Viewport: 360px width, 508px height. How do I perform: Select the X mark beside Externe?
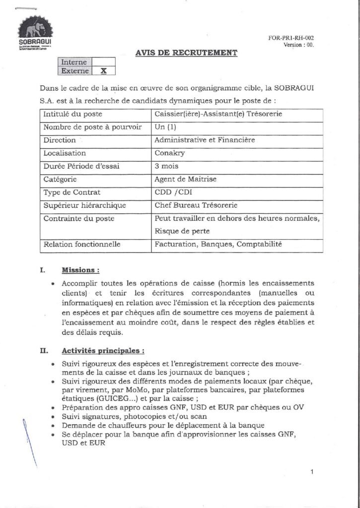tap(103, 71)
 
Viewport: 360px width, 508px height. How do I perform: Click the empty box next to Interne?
tap(103, 62)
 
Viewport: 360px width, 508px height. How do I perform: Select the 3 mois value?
tap(166, 166)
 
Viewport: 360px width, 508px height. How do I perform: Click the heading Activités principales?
tap(103, 351)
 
